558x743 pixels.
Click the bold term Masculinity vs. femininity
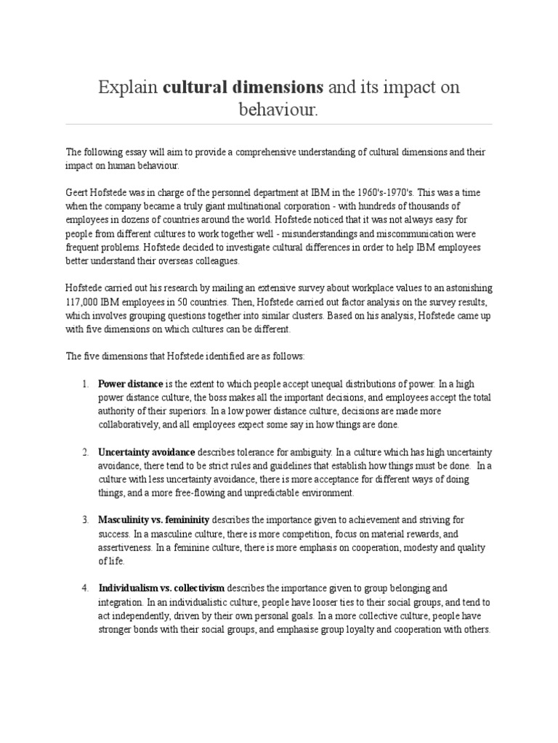[x=154, y=520]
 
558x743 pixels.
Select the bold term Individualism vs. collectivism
[x=161, y=588]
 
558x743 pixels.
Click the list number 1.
[x=84, y=384]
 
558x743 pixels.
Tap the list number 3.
[x=84, y=520]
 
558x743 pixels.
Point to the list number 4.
[x=84, y=588]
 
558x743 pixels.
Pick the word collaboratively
[x=132, y=424]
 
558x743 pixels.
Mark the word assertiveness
[x=128, y=548]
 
